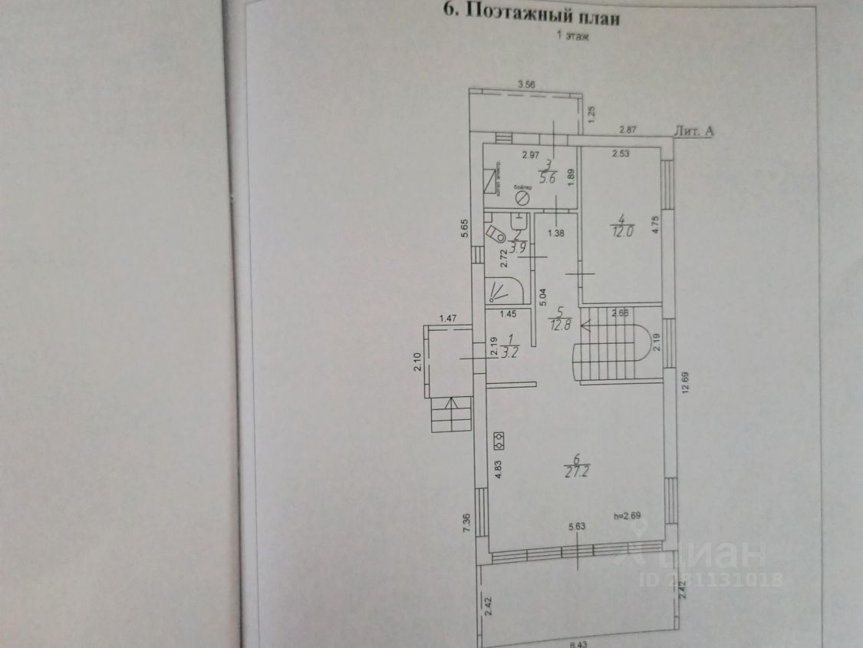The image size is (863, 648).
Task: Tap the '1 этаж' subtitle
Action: pyautogui.click(x=568, y=36)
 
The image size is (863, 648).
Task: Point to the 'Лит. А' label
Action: pyautogui.click(x=693, y=131)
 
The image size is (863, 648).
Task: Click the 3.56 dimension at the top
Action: pyautogui.click(x=526, y=84)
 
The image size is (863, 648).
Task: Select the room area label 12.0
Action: pyautogui.click(x=621, y=231)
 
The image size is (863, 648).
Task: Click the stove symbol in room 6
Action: pyautogui.click(x=499, y=439)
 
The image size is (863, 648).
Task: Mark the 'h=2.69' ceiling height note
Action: pyautogui.click(x=628, y=516)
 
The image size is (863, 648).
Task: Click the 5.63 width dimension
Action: pyautogui.click(x=578, y=526)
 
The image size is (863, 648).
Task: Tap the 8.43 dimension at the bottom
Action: pyautogui.click(x=578, y=643)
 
